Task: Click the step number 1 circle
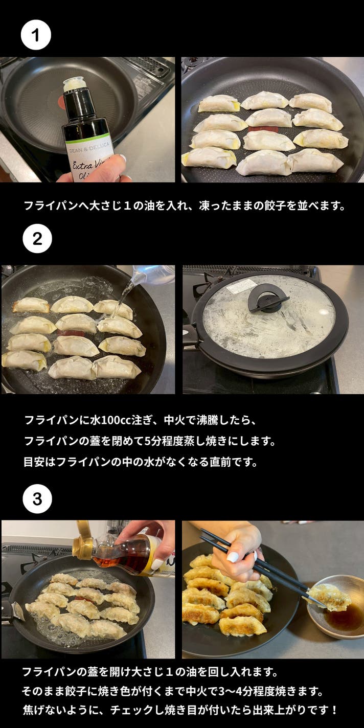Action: pyautogui.click(x=36, y=35)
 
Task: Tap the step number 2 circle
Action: pyautogui.click(x=37, y=239)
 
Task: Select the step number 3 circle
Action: pyautogui.click(x=37, y=499)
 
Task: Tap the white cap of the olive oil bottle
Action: pyautogui.click(x=76, y=84)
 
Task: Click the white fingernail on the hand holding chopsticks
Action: pyautogui.click(x=233, y=557)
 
